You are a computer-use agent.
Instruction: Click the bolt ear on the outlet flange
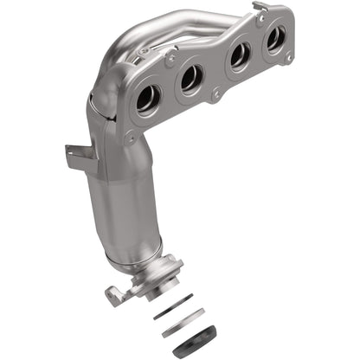coord(113,294)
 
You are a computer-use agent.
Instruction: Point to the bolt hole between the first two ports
coord(170,61)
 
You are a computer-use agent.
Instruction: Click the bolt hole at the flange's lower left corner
coord(131,137)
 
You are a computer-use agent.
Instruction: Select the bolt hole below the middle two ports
coord(215,93)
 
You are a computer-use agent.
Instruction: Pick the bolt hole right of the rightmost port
coord(288,57)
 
